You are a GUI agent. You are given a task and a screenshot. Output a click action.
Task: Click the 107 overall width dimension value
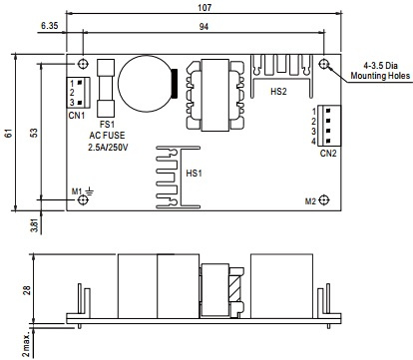pos(205,7)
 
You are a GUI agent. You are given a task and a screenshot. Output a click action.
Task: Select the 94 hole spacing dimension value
pos(204,27)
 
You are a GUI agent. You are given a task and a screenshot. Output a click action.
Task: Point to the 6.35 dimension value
pos(50,25)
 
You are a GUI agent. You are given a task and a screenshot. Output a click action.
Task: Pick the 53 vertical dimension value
pos(34,133)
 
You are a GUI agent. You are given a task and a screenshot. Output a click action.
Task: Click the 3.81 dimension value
pos(35,224)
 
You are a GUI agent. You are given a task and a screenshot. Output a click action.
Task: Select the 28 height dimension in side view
pos(27,290)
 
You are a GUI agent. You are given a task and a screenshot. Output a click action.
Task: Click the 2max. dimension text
pos(26,343)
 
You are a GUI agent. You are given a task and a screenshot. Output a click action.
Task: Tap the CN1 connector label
pos(77,116)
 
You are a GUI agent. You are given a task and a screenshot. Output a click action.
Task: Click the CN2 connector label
pos(328,154)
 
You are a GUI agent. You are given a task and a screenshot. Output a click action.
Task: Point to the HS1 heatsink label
pos(194,174)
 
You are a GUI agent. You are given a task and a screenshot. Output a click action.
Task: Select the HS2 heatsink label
pos(278,92)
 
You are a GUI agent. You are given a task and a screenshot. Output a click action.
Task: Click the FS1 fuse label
pos(107,125)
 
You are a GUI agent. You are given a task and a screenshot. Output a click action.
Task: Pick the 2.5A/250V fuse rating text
pos(108,148)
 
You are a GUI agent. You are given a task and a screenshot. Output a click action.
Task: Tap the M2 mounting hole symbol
pos(324,200)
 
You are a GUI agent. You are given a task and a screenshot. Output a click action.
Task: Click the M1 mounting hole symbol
pos(83,200)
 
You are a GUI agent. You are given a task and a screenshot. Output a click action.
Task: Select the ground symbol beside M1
pos(90,191)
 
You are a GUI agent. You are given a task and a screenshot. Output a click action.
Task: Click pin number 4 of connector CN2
pos(313,142)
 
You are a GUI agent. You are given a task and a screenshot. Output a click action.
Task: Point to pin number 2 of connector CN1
pos(72,93)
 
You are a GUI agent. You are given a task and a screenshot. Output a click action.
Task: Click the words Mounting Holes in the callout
pos(380,76)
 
